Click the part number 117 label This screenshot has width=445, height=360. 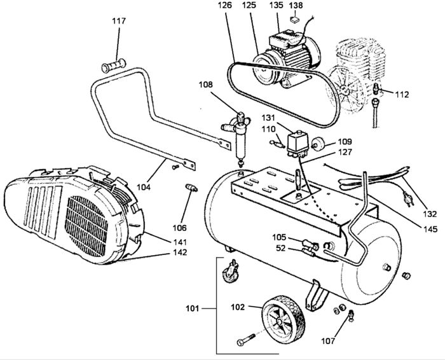[119, 21]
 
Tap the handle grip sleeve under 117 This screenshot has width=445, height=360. [114, 66]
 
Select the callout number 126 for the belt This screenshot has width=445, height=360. [225, 5]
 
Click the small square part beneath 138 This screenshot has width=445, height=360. [295, 20]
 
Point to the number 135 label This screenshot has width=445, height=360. [277, 5]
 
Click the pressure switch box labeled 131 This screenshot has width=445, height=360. [298, 143]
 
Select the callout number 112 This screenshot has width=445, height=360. [402, 95]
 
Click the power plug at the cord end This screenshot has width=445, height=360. [408, 198]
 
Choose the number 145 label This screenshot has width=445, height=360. [430, 229]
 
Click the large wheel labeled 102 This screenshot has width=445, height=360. [284, 319]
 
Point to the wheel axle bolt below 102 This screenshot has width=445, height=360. [246, 340]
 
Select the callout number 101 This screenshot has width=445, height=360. [193, 308]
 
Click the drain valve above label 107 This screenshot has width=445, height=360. [351, 315]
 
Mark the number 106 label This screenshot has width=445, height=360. [180, 228]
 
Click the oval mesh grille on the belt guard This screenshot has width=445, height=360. [86, 226]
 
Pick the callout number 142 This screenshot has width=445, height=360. [180, 252]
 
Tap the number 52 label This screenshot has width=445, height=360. [281, 249]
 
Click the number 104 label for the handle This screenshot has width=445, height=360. [144, 188]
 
